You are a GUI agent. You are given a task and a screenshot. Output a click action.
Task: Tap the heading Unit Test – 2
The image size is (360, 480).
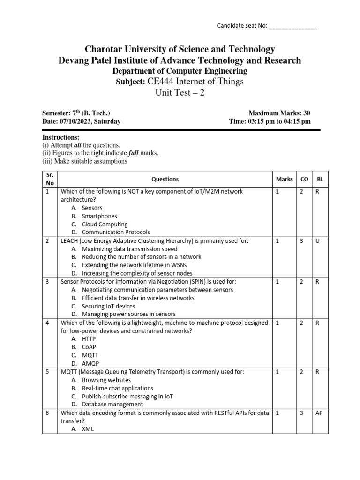pos(180,92)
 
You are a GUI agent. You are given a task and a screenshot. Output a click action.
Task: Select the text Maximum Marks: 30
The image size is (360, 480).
pos(279,113)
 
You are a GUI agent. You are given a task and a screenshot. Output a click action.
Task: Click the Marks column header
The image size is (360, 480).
pos(284,179)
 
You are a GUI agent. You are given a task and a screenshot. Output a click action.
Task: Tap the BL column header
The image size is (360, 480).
pos(320,179)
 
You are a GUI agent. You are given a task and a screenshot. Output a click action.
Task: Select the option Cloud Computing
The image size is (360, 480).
pos(105,224)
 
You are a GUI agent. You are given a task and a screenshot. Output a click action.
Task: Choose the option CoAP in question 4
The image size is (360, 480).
pos(90,346)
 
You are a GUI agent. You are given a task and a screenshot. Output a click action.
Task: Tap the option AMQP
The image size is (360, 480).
pos(90,363)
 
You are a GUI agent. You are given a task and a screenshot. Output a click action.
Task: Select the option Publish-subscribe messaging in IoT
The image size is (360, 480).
pos(127,396)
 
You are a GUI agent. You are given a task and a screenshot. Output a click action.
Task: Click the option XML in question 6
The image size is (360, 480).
pos(88,428)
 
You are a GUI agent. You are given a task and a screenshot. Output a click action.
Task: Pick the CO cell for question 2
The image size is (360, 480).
pos(301,240)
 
